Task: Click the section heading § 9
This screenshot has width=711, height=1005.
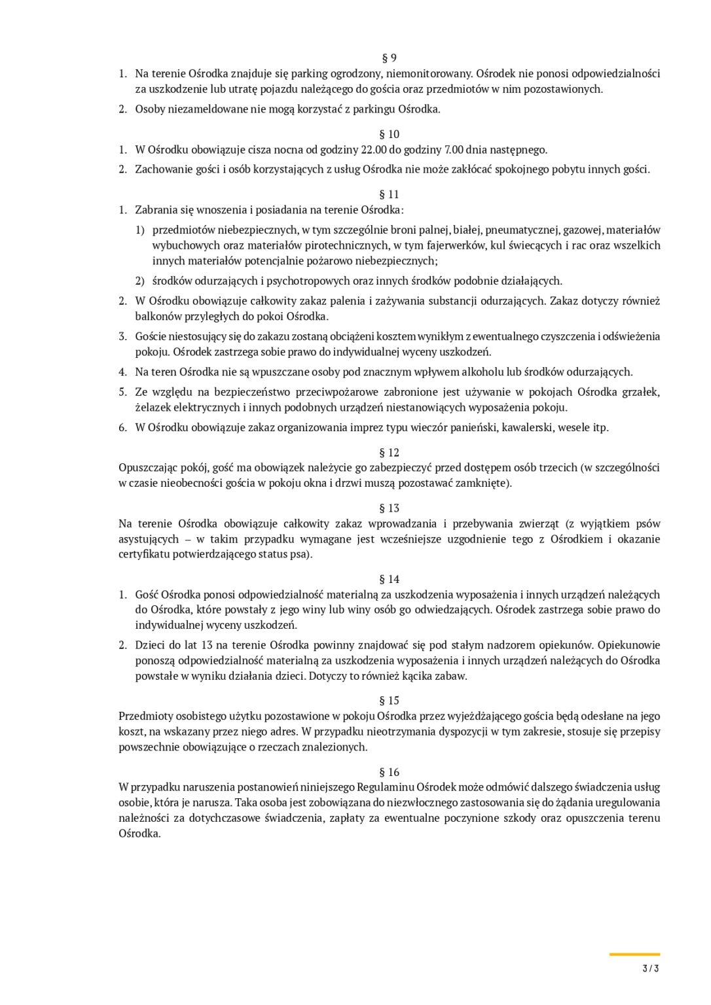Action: pyautogui.click(x=389, y=58)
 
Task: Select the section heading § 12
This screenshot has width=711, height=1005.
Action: pyautogui.click(x=389, y=453)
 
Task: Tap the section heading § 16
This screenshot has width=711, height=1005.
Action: pyautogui.click(x=389, y=772)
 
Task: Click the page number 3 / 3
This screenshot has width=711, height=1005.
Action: pyautogui.click(x=650, y=968)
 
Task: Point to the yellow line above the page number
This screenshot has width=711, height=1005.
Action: pyautogui.click(x=634, y=955)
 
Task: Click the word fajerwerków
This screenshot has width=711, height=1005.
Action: pyautogui.click(x=456, y=245)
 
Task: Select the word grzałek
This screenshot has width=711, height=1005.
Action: pyautogui.click(x=642, y=392)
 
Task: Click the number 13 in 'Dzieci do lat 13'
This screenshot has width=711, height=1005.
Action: pyautogui.click(x=207, y=645)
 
